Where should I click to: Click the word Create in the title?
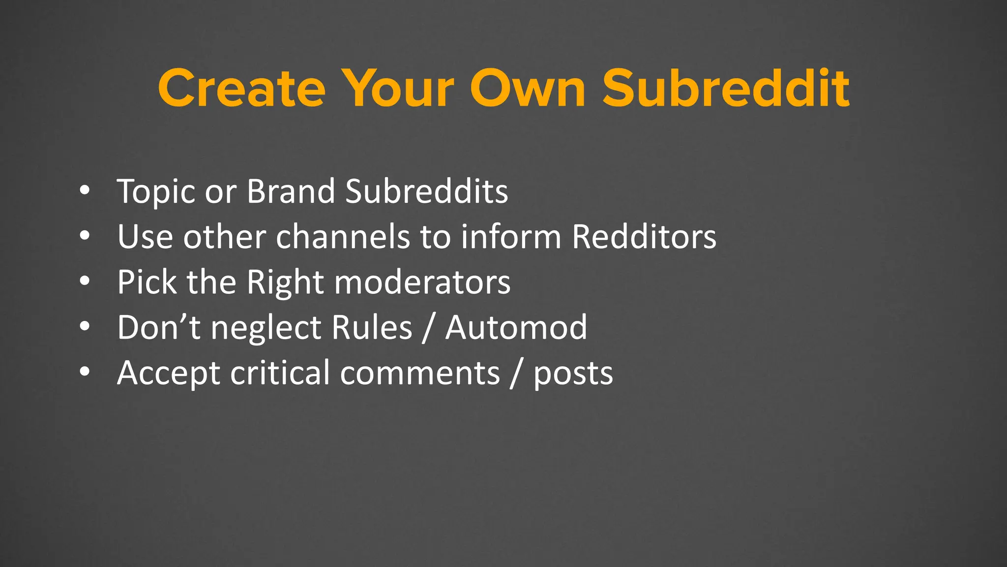click(x=241, y=89)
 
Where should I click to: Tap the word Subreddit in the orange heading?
click(x=726, y=89)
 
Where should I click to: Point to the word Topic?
click(x=156, y=192)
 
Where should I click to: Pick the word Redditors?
click(x=644, y=237)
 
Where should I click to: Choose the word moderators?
click(x=422, y=283)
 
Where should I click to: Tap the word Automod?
click(x=516, y=328)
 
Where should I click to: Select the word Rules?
click(x=372, y=328)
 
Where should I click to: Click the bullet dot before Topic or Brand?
click(x=85, y=190)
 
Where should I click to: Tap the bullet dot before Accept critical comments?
click(x=85, y=372)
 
